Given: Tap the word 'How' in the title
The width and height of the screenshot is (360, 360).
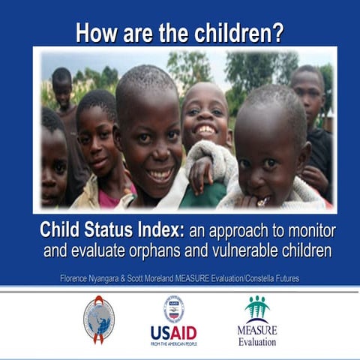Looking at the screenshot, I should [x=94, y=33].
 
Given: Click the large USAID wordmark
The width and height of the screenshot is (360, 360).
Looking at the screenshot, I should [x=173, y=331].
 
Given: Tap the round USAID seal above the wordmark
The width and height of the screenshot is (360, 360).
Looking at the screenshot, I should [x=174, y=309].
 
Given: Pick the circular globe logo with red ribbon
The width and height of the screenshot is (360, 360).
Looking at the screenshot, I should [x=99, y=319].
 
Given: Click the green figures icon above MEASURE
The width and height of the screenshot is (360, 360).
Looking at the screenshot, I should [x=256, y=308].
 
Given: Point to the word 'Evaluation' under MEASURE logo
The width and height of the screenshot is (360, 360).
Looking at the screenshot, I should [x=257, y=342].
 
